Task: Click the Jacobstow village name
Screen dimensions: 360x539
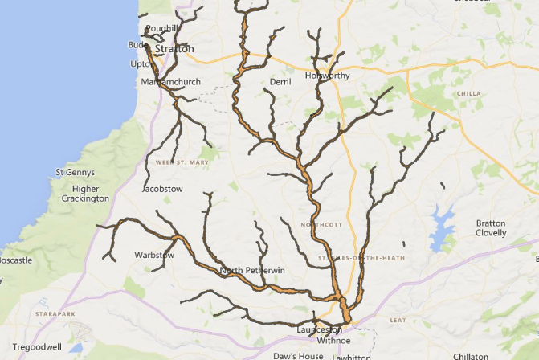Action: click(162, 189)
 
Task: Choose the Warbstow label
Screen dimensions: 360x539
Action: click(154, 256)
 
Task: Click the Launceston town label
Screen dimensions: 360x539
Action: click(319, 329)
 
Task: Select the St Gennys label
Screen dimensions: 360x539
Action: click(75, 172)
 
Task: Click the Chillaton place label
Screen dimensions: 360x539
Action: click(470, 356)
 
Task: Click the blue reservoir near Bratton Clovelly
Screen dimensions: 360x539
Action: click(443, 224)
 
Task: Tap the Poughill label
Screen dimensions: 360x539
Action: click(162, 28)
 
